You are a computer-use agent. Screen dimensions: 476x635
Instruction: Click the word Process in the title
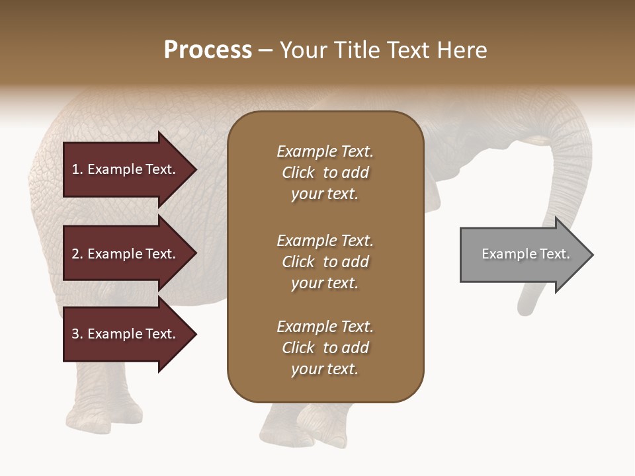208,50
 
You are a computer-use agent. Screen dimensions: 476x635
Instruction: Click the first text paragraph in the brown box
325,173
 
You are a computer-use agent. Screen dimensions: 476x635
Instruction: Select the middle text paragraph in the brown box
325,262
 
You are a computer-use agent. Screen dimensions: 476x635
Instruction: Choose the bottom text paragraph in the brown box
325,348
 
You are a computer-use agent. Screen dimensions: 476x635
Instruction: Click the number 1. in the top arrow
77,169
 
